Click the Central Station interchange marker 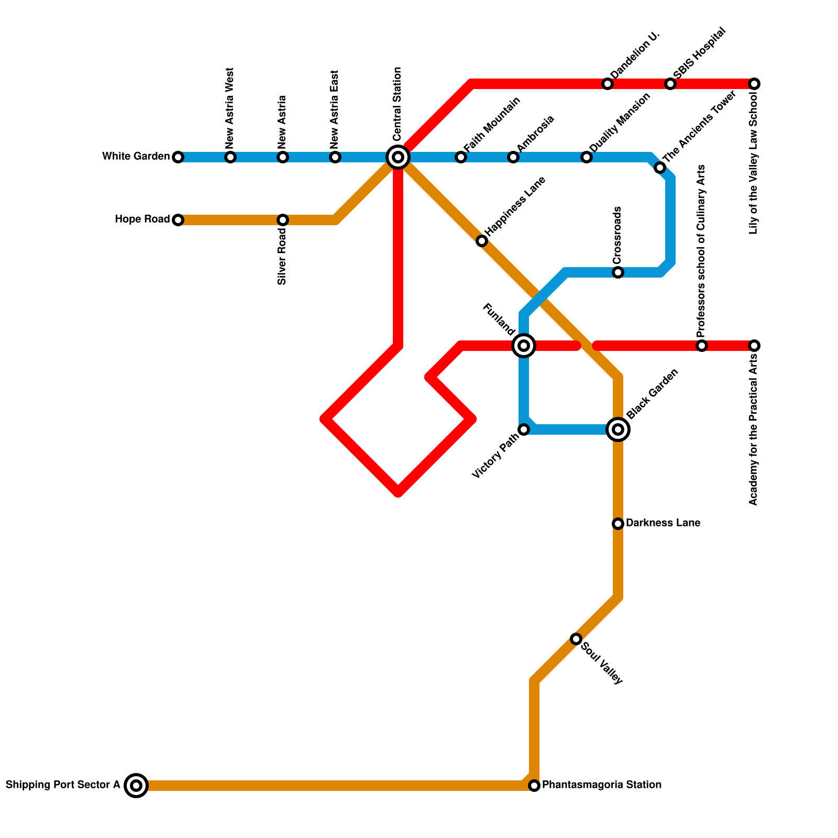(398, 157)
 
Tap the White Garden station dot (178, 157)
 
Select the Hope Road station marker (178, 220)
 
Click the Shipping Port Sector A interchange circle (136, 786)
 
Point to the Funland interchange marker (524, 346)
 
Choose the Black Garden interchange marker (618, 429)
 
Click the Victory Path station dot (524, 429)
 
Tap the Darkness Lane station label (663, 523)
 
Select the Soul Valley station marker (576, 639)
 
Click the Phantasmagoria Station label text (601, 785)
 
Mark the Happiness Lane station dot (482, 241)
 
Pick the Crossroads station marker (618, 272)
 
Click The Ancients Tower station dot (660, 168)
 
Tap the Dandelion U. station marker (608, 84)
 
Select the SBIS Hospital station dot (670, 84)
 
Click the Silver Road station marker (283, 220)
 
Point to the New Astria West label (230, 107)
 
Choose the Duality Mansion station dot (587, 157)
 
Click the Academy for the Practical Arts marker (754, 346)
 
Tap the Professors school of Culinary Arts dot (702, 346)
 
